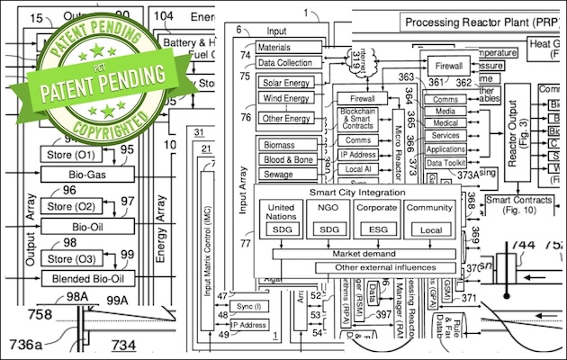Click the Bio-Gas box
86,173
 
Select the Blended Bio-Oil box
86,278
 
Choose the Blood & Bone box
288,160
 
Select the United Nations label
282,211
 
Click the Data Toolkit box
446,163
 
